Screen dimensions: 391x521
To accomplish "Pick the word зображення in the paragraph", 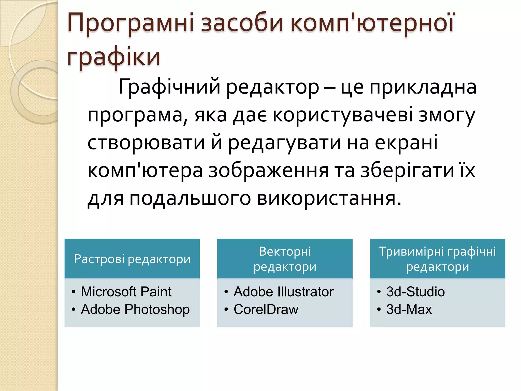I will click(x=269, y=171).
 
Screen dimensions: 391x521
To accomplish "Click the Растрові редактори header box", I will click(x=132, y=259).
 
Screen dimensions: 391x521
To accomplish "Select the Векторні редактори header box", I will click(x=285, y=259).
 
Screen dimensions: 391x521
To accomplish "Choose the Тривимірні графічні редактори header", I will click(x=437, y=259).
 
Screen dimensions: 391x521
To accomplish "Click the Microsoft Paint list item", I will click(x=126, y=292).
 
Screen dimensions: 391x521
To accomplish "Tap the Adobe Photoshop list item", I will click(x=135, y=310).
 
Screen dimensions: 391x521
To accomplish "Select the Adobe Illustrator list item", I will click(x=283, y=292).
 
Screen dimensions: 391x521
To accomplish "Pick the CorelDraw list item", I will click(x=266, y=310).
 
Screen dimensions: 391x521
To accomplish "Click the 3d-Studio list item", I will click(x=415, y=292).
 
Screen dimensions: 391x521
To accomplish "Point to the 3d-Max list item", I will click(x=409, y=310).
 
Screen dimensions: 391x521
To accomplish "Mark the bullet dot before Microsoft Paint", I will click(x=74, y=292).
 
